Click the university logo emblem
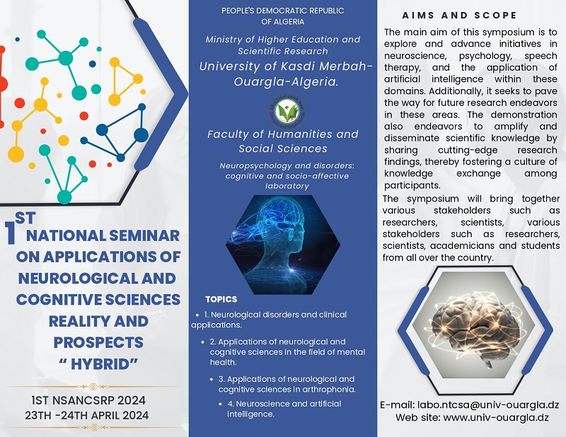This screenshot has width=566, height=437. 283,110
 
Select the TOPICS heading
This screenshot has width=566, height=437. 221,299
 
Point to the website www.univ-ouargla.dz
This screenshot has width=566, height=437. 472,417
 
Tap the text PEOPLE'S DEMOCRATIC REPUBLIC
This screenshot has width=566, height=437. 283,11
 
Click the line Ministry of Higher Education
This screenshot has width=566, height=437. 283,40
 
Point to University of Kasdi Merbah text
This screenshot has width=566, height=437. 283,66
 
